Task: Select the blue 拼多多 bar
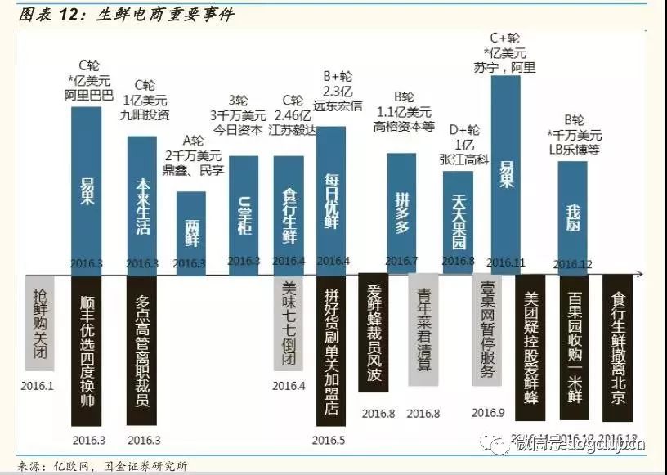pyautogui.click(x=401, y=213)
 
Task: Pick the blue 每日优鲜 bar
pyautogui.click(x=331, y=200)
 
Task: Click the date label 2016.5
pyautogui.click(x=329, y=441)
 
